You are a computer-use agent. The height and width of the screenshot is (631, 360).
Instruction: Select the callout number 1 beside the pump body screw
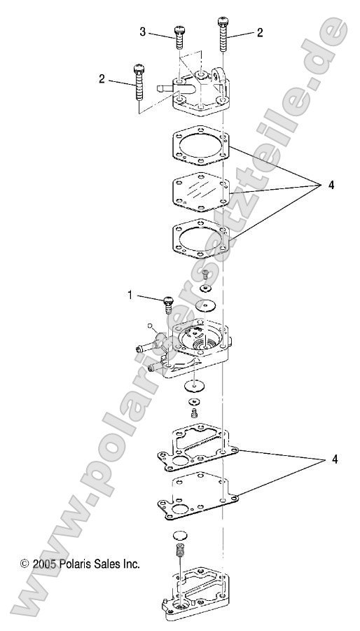click(x=130, y=296)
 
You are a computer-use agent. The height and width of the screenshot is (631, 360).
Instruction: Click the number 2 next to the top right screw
click(x=260, y=32)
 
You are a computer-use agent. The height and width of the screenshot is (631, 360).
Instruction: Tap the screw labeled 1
click(x=167, y=305)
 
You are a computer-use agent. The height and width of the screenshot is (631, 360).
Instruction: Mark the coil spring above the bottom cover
click(x=179, y=543)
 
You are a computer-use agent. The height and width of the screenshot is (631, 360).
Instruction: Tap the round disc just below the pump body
click(x=195, y=385)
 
